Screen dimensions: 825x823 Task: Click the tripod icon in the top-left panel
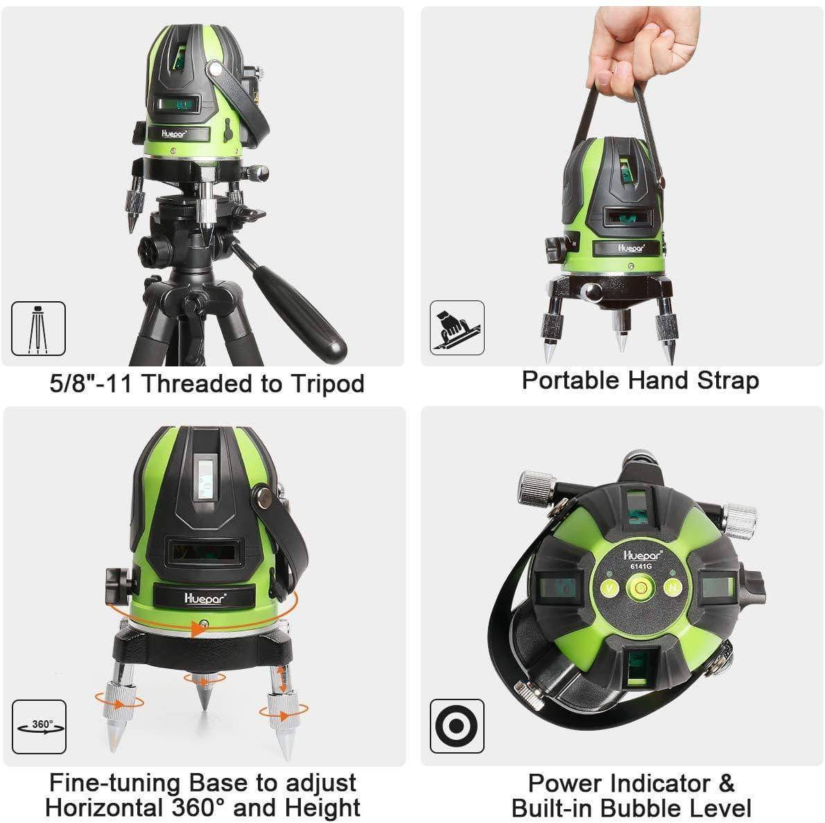point(38,328)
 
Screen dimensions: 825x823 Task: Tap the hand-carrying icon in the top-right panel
point(457,328)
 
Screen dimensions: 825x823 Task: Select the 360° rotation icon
point(39,727)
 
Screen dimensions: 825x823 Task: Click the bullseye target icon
point(457,726)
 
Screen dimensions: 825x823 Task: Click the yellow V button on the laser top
point(609,588)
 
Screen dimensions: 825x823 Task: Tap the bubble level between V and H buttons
point(641,587)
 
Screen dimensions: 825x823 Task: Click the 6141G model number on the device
point(641,566)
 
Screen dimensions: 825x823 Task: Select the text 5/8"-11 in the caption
point(91,383)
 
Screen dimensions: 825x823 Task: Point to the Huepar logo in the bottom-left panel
point(205,599)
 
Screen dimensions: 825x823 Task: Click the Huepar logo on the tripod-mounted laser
point(173,134)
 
